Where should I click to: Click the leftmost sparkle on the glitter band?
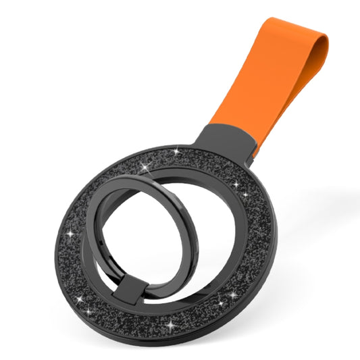[69, 234]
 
